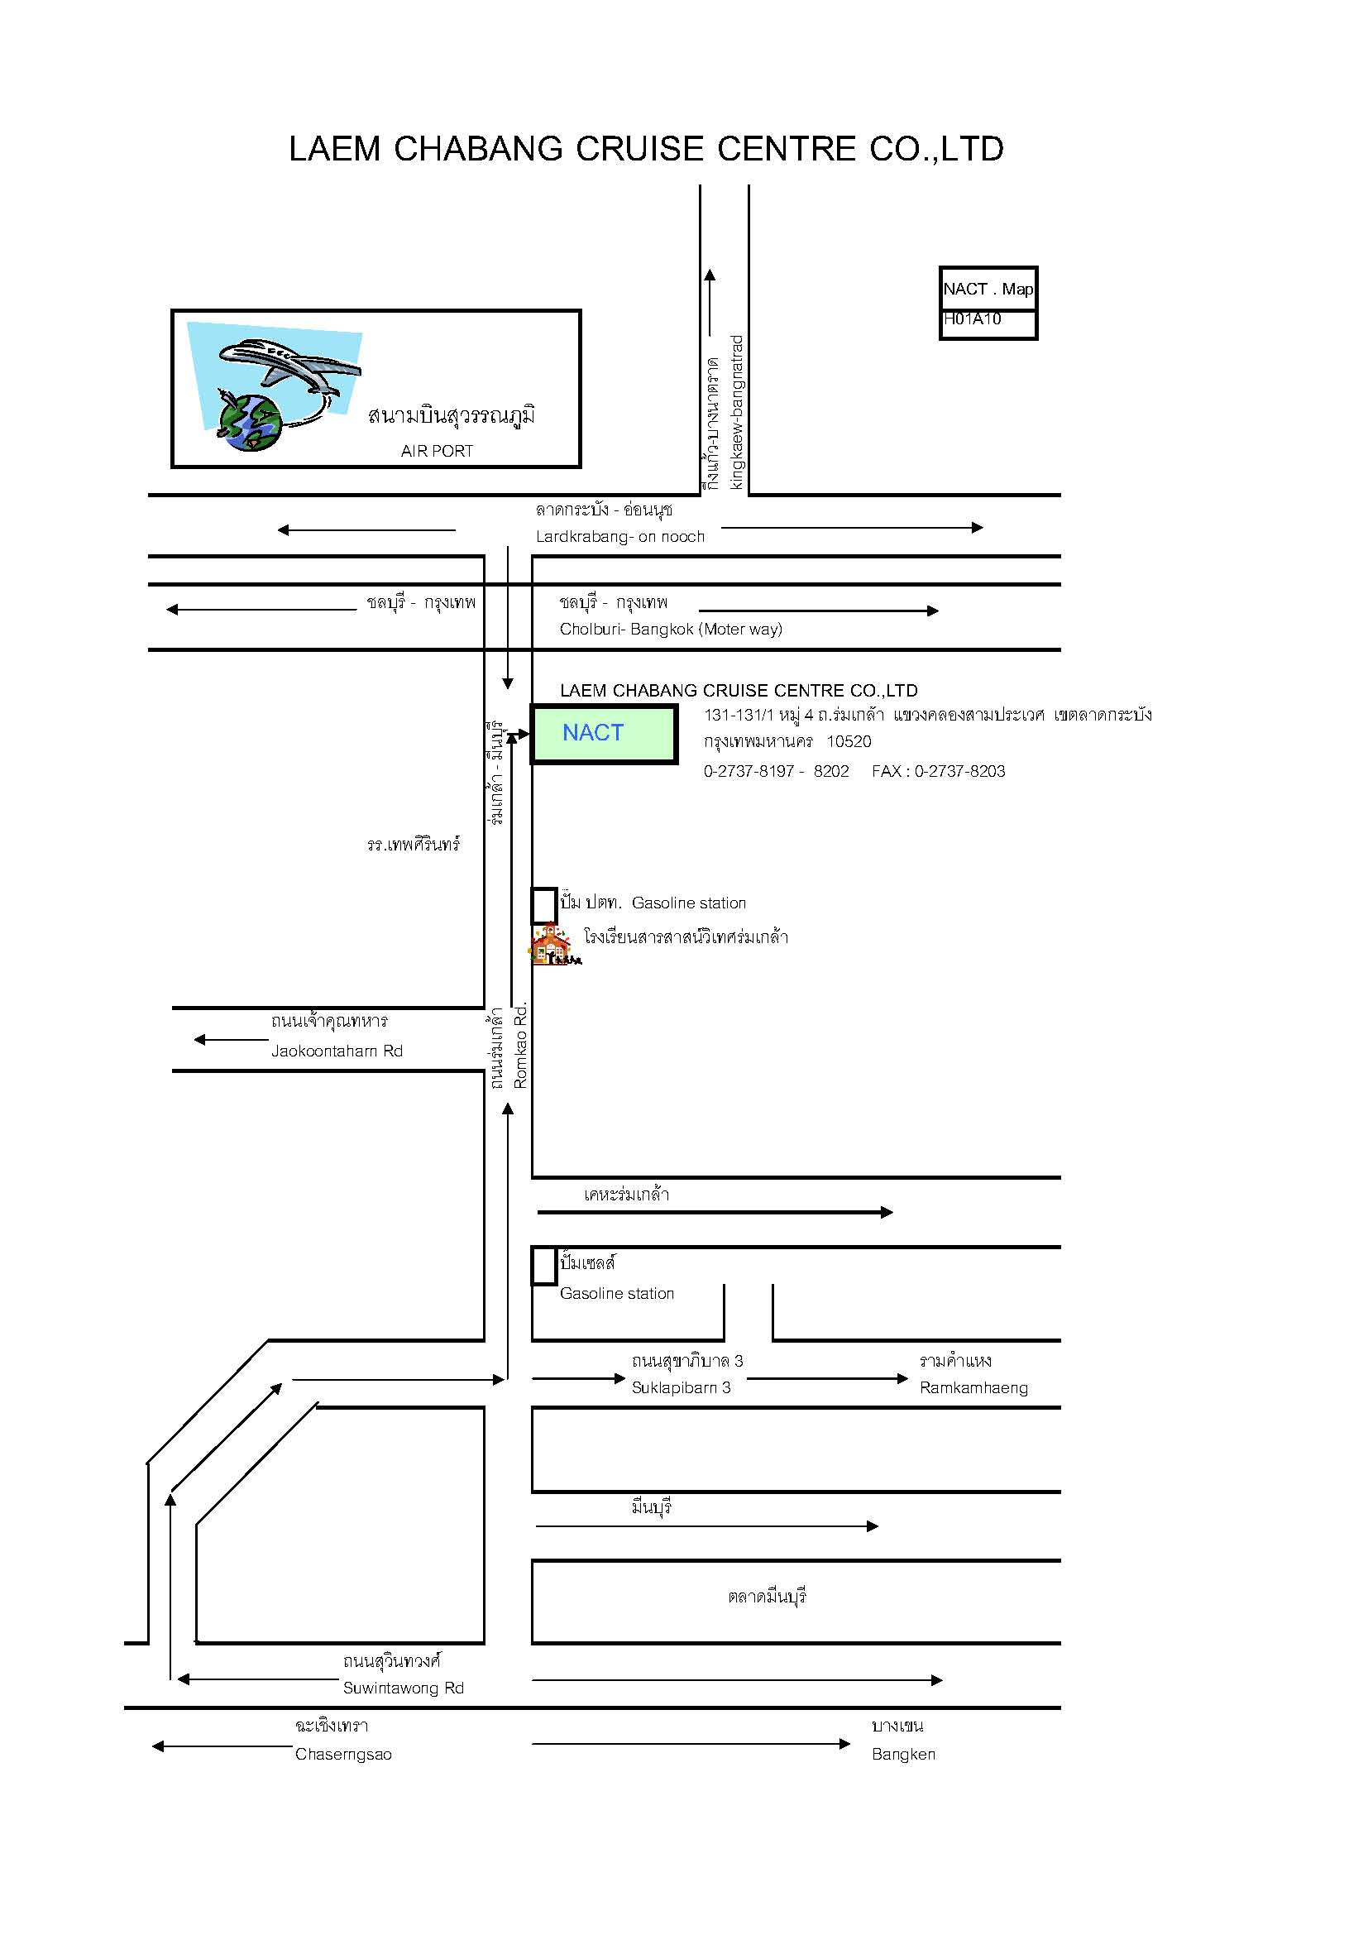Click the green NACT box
[x=603, y=734]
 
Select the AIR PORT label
[x=437, y=451]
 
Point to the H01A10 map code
[x=972, y=319]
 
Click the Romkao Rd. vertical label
[x=520, y=1045]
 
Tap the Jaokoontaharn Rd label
[x=336, y=1051]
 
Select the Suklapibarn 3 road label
[x=681, y=1387]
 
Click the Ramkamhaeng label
[x=973, y=1387]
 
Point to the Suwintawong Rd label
[x=403, y=1687]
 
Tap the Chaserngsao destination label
[x=343, y=1754]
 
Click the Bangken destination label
[x=903, y=1754]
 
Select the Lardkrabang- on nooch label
[x=620, y=537]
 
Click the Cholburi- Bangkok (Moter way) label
[x=671, y=629]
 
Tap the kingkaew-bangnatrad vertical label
[x=737, y=412]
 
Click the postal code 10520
[x=849, y=741]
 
